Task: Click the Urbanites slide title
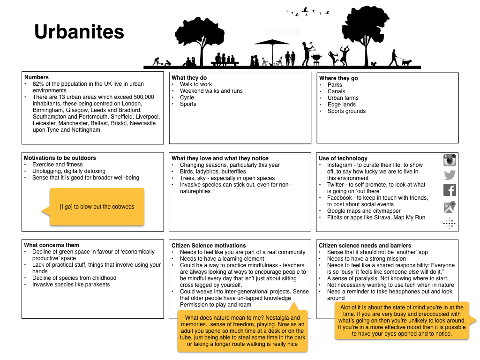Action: (x=79, y=32)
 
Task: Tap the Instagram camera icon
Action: (x=450, y=160)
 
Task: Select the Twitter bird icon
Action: (x=450, y=175)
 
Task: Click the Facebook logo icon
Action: (x=450, y=190)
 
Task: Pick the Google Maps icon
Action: (x=450, y=207)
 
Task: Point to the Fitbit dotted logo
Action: (x=449, y=224)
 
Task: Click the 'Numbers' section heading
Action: (x=37, y=77)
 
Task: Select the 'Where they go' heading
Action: (x=338, y=78)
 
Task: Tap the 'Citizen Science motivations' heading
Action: (x=209, y=245)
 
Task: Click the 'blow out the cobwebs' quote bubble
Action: (x=97, y=207)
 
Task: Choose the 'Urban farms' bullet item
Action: (x=343, y=98)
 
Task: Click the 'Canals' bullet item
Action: (x=336, y=91)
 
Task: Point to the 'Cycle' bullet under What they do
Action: (x=187, y=97)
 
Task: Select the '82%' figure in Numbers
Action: (x=38, y=84)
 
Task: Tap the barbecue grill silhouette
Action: (x=317, y=59)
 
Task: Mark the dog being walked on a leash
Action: (x=406, y=62)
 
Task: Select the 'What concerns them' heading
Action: (x=52, y=245)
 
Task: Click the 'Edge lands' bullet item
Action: (x=341, y=105)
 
